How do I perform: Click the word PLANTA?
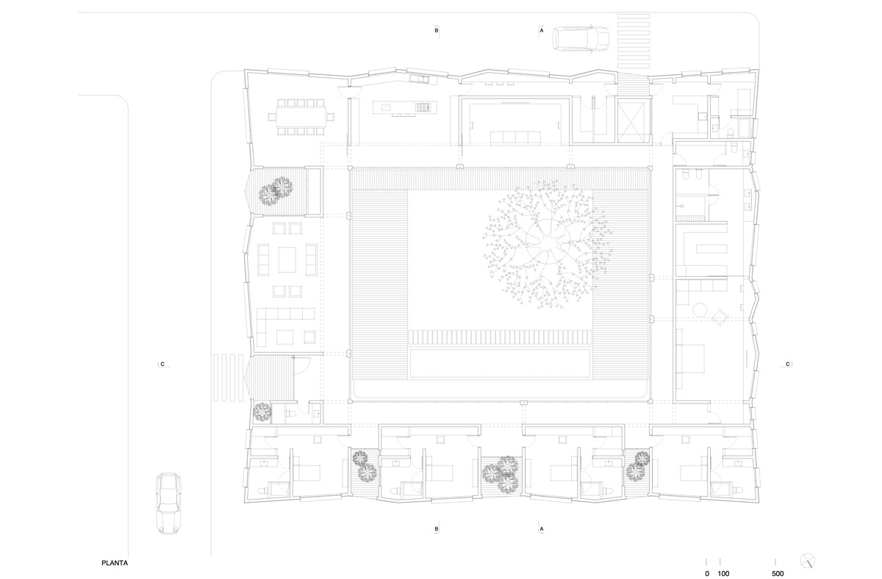(115, 563)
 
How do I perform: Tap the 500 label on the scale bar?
(778, 574)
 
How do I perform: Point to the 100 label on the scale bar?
(723, 574)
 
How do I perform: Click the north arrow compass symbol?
(808, 561)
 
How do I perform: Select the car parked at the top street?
(581, 38)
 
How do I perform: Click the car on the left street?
(168, 503)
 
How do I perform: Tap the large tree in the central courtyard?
(548, 245)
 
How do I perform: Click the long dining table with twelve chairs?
(301, 117)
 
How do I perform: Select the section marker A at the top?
(542, 30)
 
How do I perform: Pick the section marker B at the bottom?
(437, 529)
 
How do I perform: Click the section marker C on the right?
(787, 364)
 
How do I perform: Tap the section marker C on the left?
(162, 364)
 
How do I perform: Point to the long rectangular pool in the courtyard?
(500, 362)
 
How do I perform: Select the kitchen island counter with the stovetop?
(404, 107)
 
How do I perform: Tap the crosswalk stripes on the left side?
(229, 378)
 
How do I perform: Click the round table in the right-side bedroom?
(700, 309)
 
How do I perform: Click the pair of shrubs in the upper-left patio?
(276, 191)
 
